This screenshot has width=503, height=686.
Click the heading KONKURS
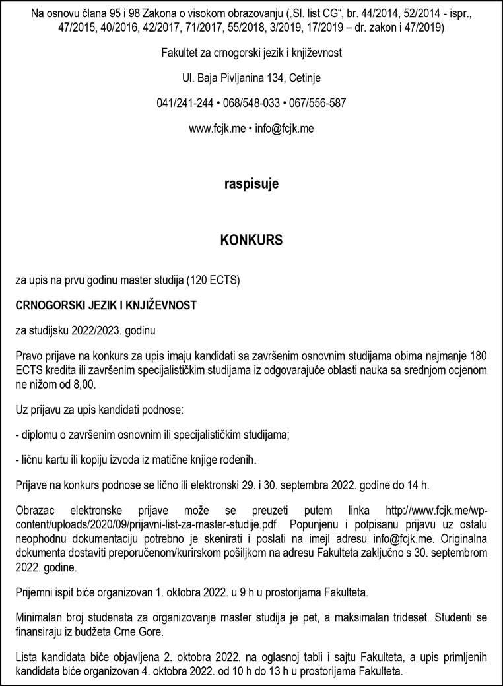click(x=251, y=241)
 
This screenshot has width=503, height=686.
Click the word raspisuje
click(x=251, y=184)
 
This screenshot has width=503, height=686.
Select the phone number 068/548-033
click(x=251, y=103)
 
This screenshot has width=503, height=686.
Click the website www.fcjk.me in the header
click(x=215, y=129)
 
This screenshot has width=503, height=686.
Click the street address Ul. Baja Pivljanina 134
click(x=230, y=78)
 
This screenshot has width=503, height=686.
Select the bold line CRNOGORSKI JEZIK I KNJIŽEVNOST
click(x=106, y=305)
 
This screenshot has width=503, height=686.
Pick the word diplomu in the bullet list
click(x=39, y=435)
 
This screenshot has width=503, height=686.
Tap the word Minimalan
click(x=38, y=617)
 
